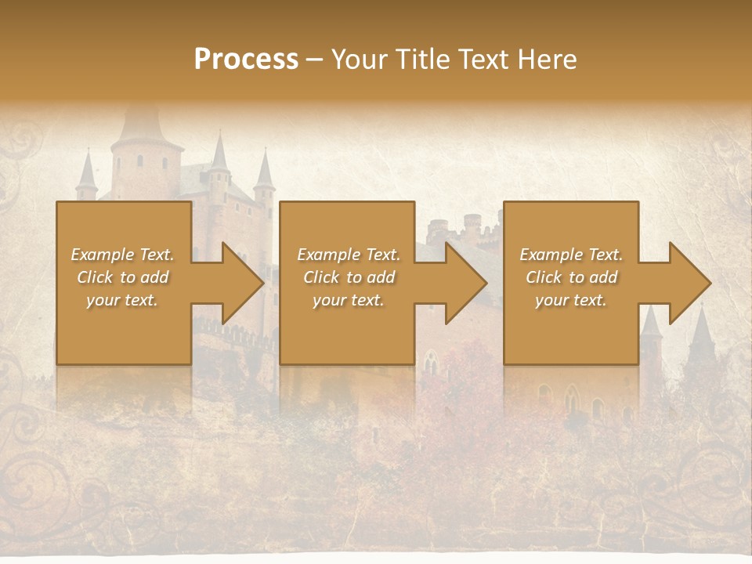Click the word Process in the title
(246, 60)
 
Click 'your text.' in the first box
(122, 300)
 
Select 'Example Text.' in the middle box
(348, 255)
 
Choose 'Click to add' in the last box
(571, 277)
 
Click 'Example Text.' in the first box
(122, 255)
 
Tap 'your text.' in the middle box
(348, 300)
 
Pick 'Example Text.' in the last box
(571, 255)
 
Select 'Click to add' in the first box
(122, 277)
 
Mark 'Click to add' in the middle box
(348, 277)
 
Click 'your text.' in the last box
(571, 300)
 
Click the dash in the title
(314, 60)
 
